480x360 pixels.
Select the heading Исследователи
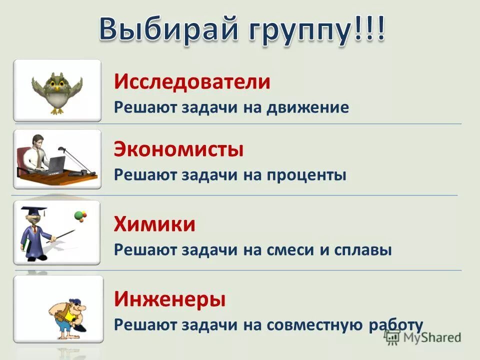coord(192,81)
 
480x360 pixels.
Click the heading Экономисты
coord(179,149)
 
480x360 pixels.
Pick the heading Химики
coord(154,224)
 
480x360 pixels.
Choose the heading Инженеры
coord(169,299)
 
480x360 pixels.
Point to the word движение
coord(310,107)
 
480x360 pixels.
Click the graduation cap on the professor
coord(33,210)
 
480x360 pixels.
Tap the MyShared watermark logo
coord(423,337)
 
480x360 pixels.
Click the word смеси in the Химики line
coord(290,250)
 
